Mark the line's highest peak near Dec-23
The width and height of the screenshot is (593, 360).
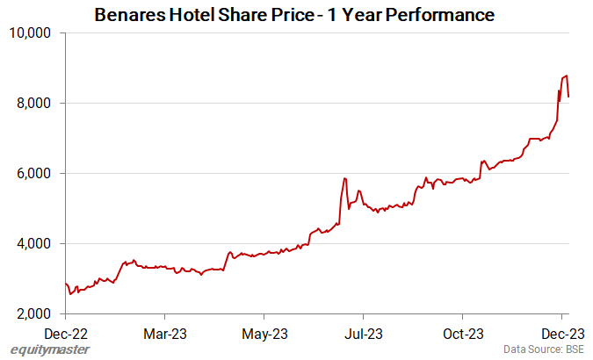click(x=567, y=76)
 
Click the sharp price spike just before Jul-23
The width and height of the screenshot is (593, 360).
click(x=345, y=179)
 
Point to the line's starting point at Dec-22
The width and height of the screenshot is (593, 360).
click(x=66, y=283)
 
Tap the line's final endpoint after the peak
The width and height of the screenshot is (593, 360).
click(x=569, y=97)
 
